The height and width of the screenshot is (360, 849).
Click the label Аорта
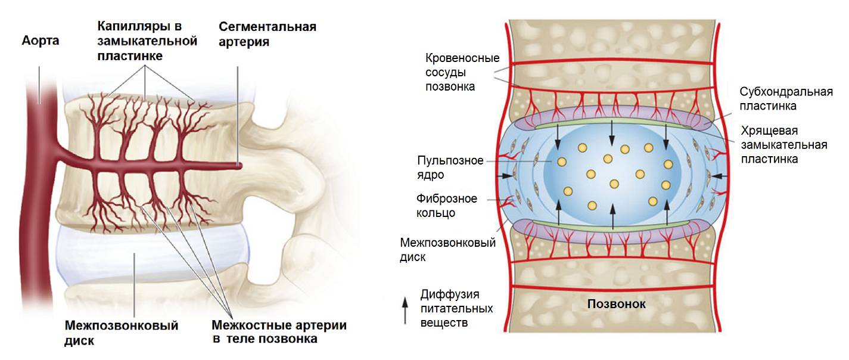click(41, 42)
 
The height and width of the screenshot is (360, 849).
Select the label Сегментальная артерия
click(267, 35)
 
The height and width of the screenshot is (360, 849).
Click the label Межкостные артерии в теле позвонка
click(279, 333)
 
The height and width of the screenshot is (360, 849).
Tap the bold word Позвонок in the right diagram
click(617, 304)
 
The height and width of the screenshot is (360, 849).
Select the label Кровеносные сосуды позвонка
click(462, 72)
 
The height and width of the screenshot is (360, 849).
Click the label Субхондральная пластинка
click(786, 98)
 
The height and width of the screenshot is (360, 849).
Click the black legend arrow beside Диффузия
click(406, 311)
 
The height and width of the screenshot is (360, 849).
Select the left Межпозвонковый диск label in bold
click(121, 333)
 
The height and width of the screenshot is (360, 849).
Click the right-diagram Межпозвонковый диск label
click(447, 250)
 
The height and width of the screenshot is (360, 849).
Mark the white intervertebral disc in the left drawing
click(149, 262)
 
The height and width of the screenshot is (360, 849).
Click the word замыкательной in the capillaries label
click(147, 42)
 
